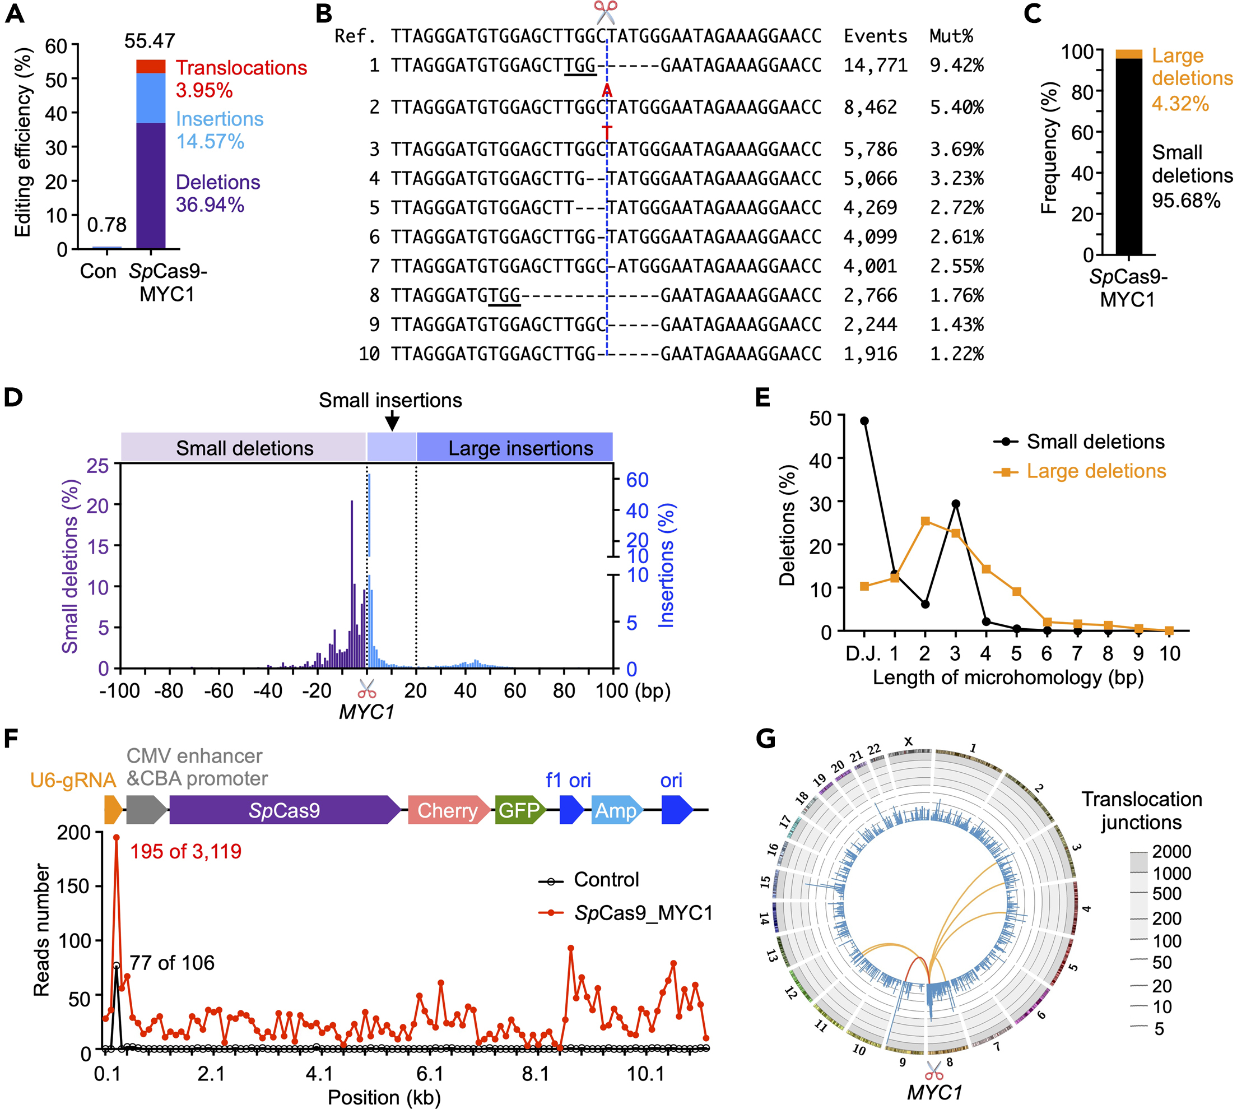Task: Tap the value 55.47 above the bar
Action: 149,41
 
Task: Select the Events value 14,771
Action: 875,65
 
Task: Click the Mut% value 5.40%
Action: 956,108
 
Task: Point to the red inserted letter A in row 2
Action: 607,91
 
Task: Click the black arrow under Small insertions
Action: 392,420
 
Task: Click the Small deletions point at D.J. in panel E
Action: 864,421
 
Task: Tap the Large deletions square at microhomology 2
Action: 925,521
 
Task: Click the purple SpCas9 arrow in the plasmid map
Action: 285,810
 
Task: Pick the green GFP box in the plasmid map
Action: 519,810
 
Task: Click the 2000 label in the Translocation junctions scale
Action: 1171,851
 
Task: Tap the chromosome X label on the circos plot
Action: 908,741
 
